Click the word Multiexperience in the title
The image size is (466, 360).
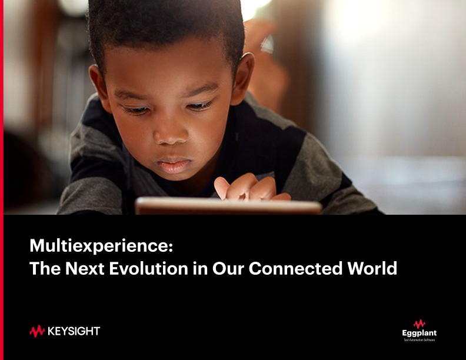(x=101, y=245)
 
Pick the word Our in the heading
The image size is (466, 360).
(x=230, y=269)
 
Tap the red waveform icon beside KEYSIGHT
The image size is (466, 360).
(x=37, y=331)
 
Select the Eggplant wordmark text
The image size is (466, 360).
(x=419, y=334)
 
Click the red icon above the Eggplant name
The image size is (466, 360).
(x=419, y=324)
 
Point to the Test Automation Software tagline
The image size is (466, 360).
(x=419, y=340)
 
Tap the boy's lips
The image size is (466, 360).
(x=175, y=164)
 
